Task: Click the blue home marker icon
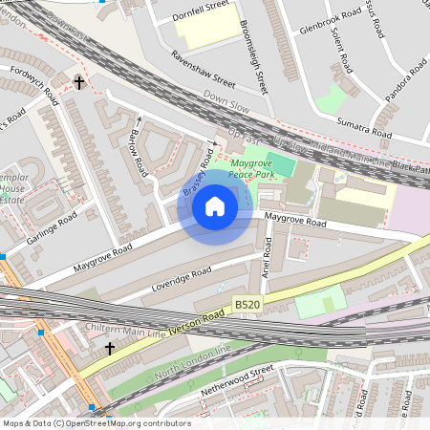tap(215, 205)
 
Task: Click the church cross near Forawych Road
tap(78, 82)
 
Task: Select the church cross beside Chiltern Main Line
tap(109, 349)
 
